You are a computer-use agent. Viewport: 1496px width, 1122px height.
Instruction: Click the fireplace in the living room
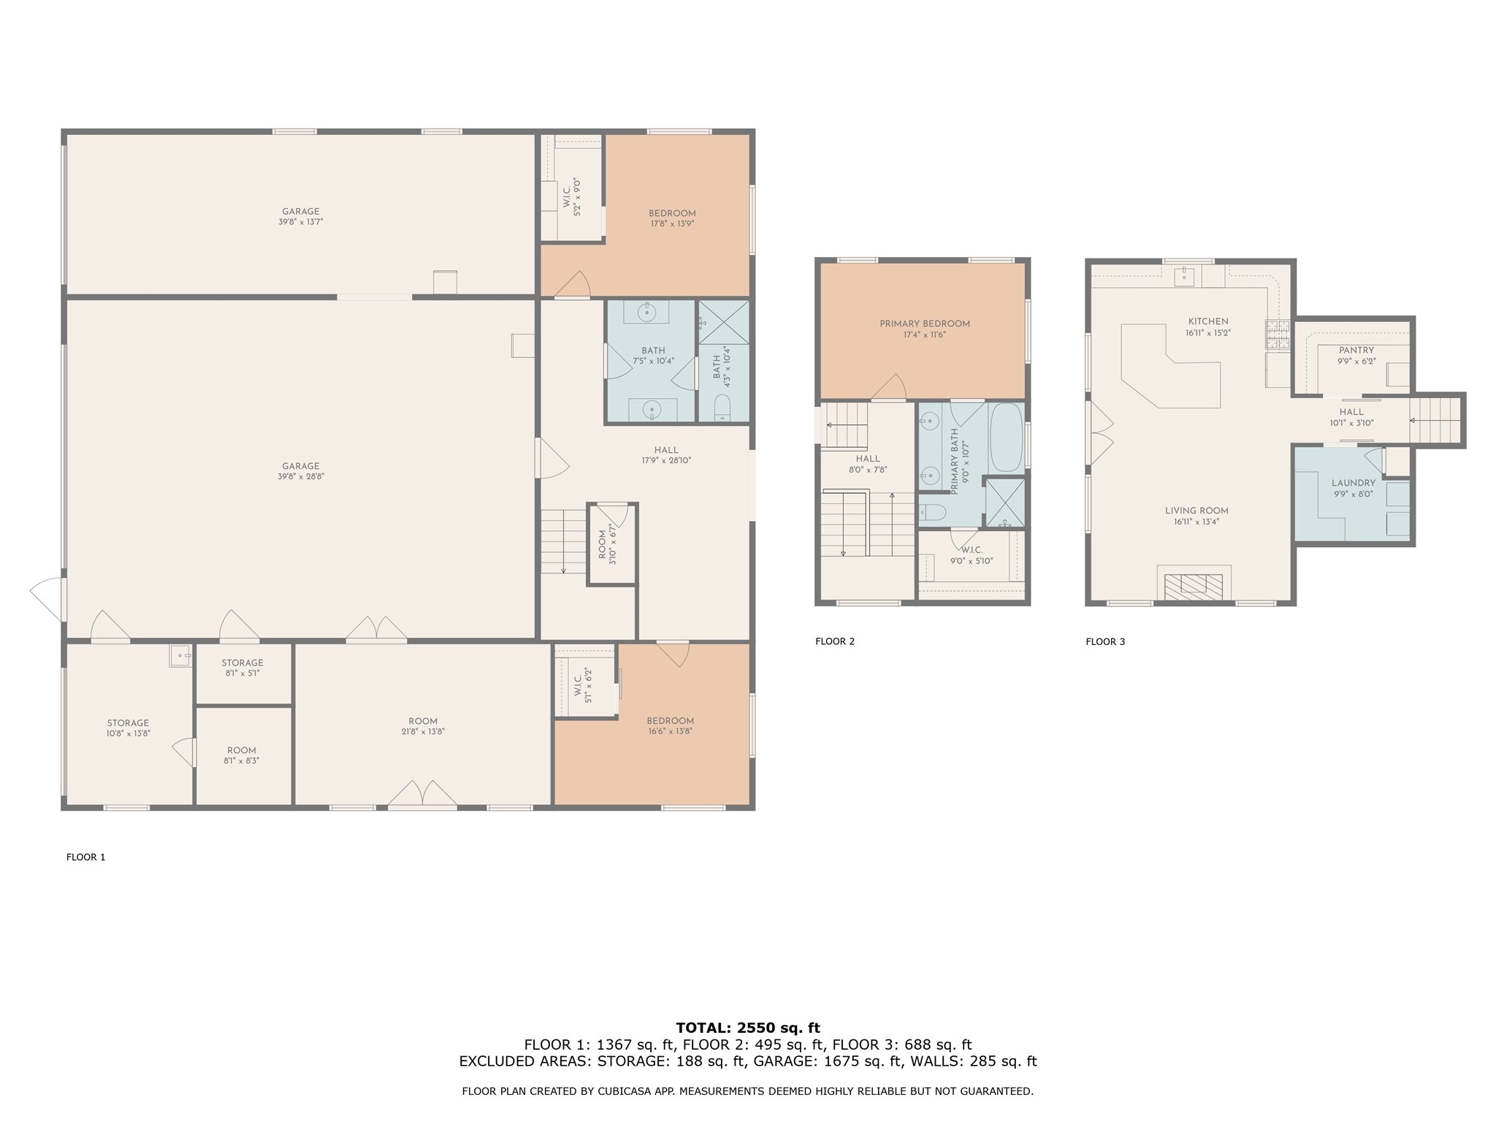(x=1194, y=586)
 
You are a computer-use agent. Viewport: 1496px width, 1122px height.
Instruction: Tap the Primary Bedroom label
(x=924, y=324)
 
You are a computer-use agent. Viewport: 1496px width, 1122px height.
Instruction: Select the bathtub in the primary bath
(x=1006, y=438)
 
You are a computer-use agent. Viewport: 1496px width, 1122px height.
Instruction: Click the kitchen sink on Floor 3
(x=1184, y=276)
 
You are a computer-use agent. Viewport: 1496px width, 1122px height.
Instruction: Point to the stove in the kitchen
(x=1278, y=335)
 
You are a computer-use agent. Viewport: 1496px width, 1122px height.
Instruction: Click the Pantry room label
(x=1356, y=351)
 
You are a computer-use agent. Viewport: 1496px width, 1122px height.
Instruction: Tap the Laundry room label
(x=1353, y=483)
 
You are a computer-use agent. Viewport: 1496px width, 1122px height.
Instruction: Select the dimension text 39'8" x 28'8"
(x=300, y=476)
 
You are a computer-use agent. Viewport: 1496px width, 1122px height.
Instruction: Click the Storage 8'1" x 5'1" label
(x=242, y=663)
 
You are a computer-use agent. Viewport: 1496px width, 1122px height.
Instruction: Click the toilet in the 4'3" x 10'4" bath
(x=722, y=408)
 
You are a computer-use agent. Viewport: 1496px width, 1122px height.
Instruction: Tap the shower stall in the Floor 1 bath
(x=723, y=321)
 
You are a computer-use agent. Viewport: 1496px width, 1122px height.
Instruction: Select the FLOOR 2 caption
(x=834, y=641)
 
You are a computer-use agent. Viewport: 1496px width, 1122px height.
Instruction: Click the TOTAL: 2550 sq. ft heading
(x=747, y=1028)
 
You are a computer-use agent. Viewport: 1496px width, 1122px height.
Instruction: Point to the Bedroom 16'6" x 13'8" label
(x=670, y=721)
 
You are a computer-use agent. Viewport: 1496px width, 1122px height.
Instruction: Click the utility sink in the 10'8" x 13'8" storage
(x=179, y=655)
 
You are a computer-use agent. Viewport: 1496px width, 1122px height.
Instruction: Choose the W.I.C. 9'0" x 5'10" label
(x=971, y=550)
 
